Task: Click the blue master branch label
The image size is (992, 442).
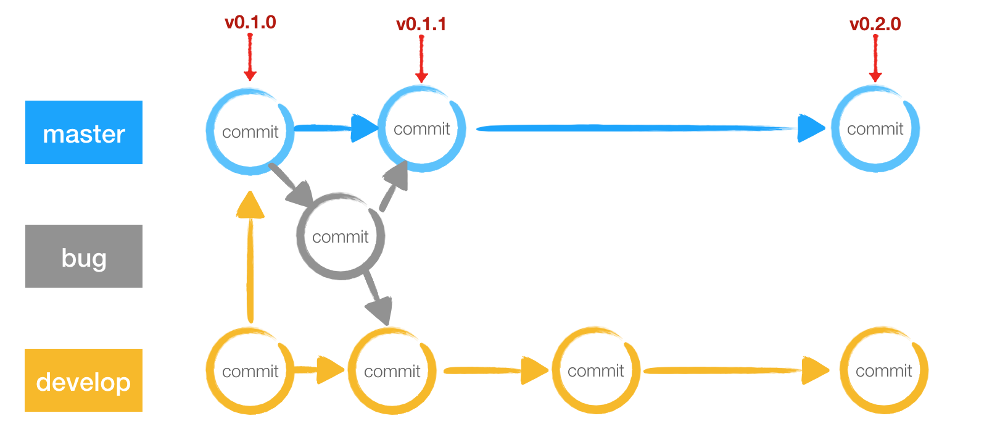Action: pos(84,133)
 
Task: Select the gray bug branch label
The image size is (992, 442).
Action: pos(84,256)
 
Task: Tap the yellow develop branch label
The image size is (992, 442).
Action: pos(84,380)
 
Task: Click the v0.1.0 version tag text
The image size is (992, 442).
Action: pos(250,23)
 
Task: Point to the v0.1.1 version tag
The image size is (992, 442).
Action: pos(421,25)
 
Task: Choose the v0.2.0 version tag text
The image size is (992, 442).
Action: pos(875,25)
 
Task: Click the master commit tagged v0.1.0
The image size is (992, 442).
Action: pos(250,131)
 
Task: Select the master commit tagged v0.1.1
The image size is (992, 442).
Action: pos(421,128)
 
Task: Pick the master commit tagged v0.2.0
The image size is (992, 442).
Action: pos(875,128)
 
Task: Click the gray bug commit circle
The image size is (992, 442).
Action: pos(340,236)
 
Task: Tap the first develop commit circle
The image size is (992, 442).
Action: pos(250,371)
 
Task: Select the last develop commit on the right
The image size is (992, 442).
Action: pos(883,370)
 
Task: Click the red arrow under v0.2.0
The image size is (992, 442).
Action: pos(875,59)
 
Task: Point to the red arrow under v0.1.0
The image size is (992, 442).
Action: pos(250,57)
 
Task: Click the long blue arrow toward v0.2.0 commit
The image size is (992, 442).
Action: pos(648,128)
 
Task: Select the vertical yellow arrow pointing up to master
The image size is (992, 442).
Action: pos(250,259)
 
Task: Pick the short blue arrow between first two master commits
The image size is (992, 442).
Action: pos(333,128)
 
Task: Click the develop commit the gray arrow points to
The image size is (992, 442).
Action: pos(392,371)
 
